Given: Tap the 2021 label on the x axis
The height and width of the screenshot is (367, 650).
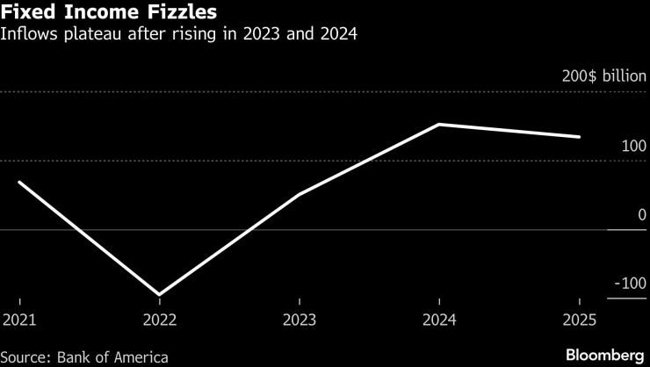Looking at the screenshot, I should pos(18,320).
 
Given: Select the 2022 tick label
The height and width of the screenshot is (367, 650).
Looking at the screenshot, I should pos(159,320).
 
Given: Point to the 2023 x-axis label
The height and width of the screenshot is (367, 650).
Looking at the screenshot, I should pos(300,320).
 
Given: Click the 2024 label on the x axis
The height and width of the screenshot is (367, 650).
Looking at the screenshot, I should pos(439,320).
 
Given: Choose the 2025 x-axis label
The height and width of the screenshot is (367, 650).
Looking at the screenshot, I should pos(578,320).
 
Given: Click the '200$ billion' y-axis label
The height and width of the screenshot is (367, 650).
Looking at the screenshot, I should pos(603,76).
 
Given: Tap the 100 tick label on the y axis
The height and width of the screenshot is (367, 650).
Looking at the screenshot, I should pos(633,146).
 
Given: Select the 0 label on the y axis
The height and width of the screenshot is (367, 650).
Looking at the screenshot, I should pos(642,215).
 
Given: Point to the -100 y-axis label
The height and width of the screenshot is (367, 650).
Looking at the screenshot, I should pos(630,284).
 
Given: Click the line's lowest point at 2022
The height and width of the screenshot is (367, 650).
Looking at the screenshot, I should pos(159,294).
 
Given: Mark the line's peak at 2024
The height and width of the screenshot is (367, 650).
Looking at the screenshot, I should pos(439,124).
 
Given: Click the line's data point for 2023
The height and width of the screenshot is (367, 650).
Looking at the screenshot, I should pos(300,194).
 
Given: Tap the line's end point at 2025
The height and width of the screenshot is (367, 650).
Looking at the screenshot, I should pos(578,137).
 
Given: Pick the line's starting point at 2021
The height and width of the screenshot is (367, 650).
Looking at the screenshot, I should pos(18,182).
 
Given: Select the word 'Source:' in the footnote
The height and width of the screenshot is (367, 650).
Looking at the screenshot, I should pos(28,357).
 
